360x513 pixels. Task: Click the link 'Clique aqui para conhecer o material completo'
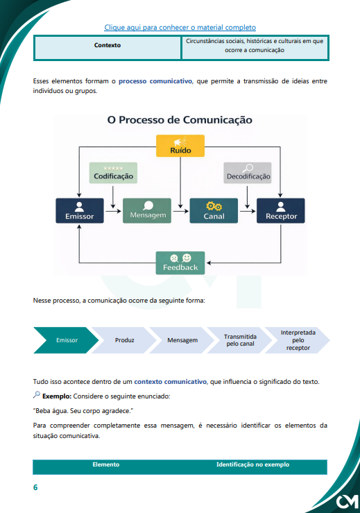coord(180,28)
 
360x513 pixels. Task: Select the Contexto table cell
coord(108,48)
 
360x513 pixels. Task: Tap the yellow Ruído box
coord(180,146)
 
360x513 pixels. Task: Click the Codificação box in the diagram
coord(113,173)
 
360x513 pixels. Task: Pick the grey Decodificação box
coord(248,173)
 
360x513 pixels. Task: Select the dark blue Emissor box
coord(80,211)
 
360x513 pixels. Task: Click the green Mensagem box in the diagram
coord(147,211)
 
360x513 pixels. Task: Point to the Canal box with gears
coord(214,211)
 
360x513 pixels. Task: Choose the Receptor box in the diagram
coord(281,211)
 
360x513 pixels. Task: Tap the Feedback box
coord(180,262)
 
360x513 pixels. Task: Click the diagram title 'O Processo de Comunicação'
coord(180,119)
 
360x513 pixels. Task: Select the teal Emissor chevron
coord(66,340)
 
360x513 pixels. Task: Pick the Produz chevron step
coord(124,340)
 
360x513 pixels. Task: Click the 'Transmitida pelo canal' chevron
coord(240,340)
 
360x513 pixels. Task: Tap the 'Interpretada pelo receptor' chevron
coord(298,340)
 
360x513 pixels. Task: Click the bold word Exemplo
coord(57,396)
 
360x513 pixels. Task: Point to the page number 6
coord(35,487)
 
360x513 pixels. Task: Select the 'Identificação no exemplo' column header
coord(252,464)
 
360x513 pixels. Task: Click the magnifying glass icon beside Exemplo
coord(37,395)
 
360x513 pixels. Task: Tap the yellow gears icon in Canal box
coord(214,206)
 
